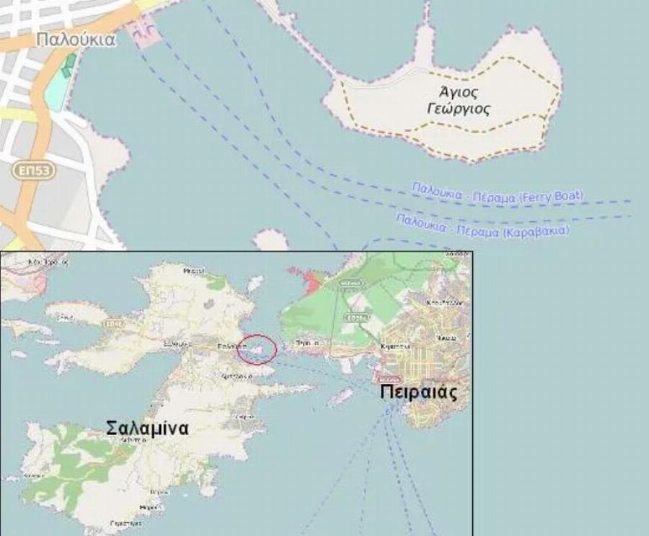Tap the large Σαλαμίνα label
point(147,428)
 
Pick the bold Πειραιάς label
point(418,393)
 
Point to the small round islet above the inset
point(271,240)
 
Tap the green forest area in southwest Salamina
point(72,461)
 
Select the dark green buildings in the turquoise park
point(68,66)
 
